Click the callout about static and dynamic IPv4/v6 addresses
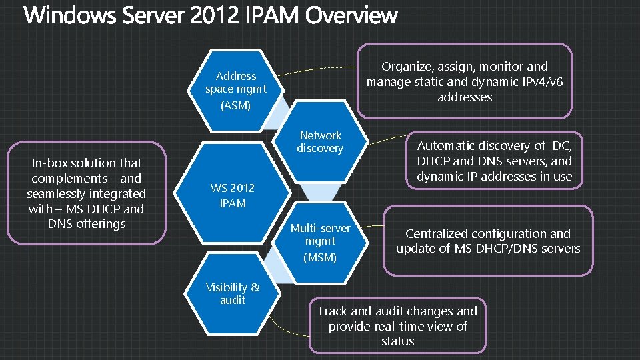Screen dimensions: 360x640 pos(465,81)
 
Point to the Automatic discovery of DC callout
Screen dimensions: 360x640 pos(494,161)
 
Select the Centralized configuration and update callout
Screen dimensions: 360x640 pos(488,241)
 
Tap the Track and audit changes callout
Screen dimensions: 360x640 pos(397,326)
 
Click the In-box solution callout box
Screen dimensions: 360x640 pos(86,193)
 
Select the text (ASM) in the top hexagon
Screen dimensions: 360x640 pos(236,105)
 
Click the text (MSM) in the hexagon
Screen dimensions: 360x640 pos(320,257)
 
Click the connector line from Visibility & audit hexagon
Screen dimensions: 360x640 pos(293,329)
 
